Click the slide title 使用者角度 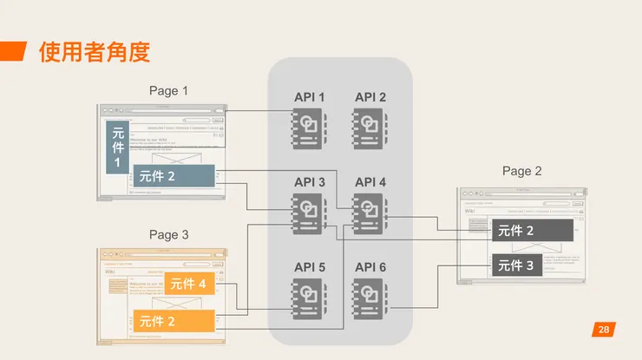click(x=95, y=52)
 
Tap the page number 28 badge click(x=604, y=330)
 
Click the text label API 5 click(x=309, y=267)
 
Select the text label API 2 click(x=370, y=97)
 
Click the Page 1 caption click(x=168, y=91)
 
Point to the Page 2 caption click(x=522, y=171)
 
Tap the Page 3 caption click(x=168, y=234)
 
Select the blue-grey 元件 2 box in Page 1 click(x=174, y=176)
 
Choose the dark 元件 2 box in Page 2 click(x=532, y=230)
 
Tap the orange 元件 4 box click(x=188, y=284)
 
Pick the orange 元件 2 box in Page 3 click(x=174, y=321)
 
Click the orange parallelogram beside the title click(x=15, y=51)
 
